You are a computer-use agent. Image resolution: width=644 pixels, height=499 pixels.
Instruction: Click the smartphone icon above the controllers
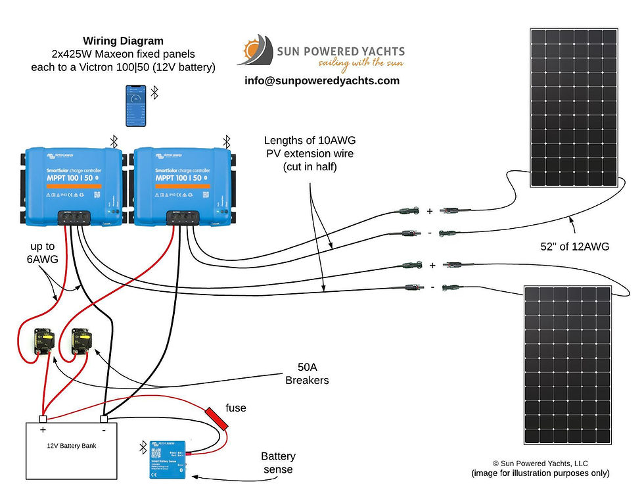(x=135, y=107)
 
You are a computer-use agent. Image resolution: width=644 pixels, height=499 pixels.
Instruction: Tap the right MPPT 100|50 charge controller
(x=183, y=181)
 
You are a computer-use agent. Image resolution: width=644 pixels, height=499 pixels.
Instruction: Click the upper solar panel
(x=573, y=108)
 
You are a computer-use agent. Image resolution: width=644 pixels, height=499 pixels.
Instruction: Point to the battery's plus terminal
(x=43, y=419)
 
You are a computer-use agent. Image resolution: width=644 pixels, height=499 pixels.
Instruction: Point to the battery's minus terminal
(x=103, y=419)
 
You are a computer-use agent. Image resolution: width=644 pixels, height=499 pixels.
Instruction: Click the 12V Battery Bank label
(x=72, y=445)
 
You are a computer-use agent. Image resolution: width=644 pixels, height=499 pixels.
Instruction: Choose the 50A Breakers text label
(x=306, y=373)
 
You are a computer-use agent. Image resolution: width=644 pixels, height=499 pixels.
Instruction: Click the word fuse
(x=235, y=408)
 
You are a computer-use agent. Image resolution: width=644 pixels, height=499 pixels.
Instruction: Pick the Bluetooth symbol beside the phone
(x=155, y=93)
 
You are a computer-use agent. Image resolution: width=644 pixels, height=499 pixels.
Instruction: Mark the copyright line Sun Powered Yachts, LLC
(x=540, y=463)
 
